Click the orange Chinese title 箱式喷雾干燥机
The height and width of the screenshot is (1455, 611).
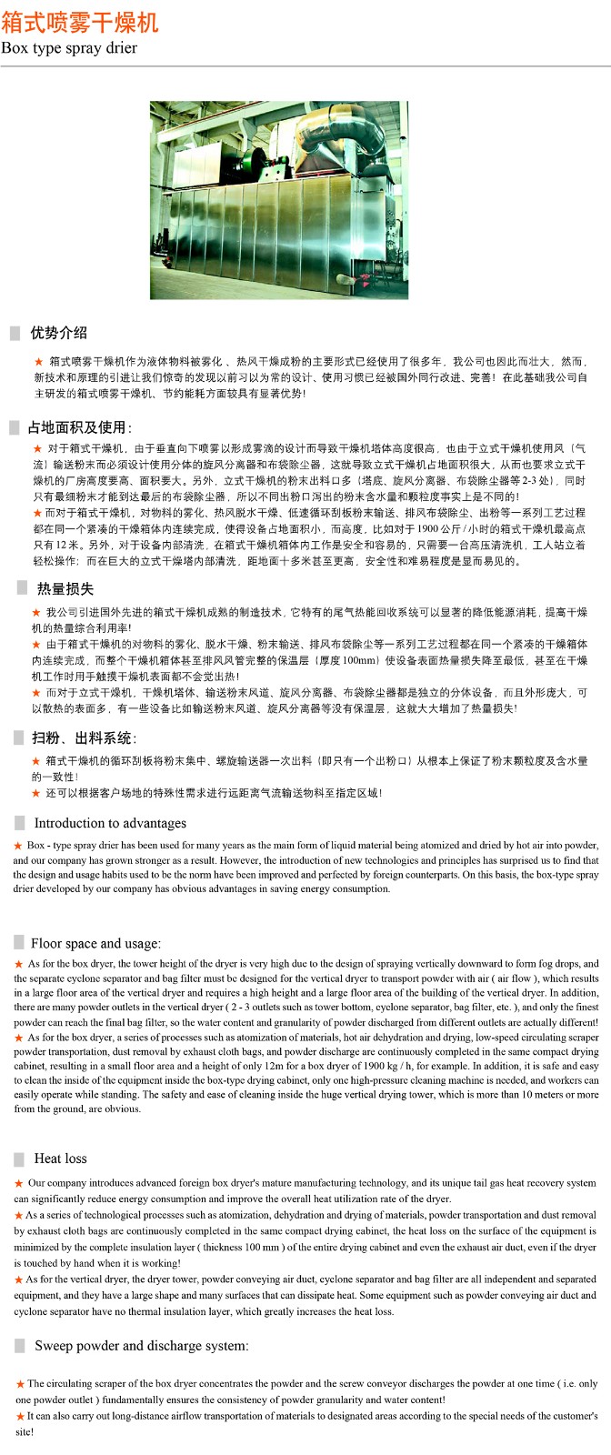point(80,21)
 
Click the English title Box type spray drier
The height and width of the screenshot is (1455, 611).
point(69,48)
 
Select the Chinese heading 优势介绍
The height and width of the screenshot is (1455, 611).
point(58,333)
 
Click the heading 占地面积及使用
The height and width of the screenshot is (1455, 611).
point(79,427)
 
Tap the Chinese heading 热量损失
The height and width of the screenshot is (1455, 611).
point(65,589)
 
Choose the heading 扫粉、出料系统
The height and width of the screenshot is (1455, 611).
point(84,738)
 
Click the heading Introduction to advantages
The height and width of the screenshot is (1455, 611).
point(110,823)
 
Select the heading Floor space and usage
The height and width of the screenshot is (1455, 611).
point(95,943)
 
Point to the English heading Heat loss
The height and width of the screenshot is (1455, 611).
point(60,1159)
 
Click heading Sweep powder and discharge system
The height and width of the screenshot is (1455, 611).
point(141,1345)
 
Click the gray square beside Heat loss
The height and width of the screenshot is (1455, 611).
point(19,1159)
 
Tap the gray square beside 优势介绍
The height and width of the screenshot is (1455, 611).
point(15,334)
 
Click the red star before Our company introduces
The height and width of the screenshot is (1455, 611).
point(18,1183)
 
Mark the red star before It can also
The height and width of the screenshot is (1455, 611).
point(20,1416)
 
